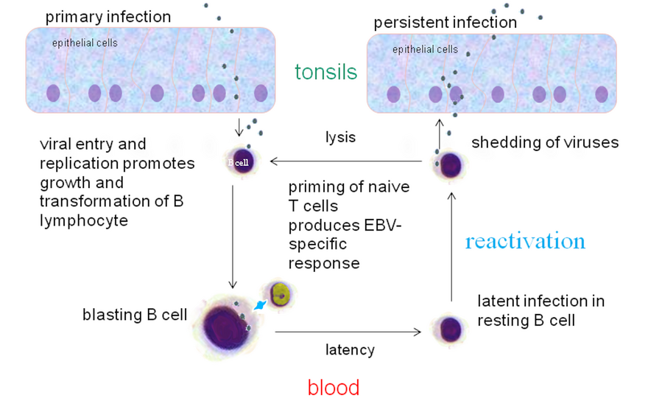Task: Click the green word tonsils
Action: coord(325,72)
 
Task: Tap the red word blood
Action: coord(334,387)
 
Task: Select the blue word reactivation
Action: coord(525,241)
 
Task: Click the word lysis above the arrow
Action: coord(341,137)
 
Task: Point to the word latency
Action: coord(350,349)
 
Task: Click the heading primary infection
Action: coord(108,16)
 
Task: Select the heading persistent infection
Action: coord(445,22)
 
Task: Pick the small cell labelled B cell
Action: coord(240,162)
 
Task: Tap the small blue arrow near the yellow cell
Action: coord(259,303)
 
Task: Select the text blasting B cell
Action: coord(135,315)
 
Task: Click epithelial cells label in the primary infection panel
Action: coord(85,43)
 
